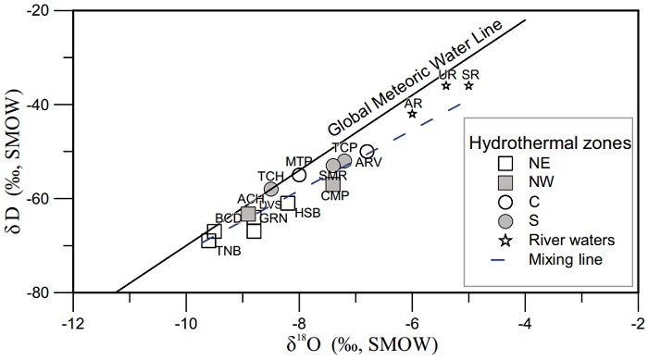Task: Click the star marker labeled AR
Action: point(412,114)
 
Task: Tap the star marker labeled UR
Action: point(446,85)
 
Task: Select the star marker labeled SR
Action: point(468,85)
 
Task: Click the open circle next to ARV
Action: point(368,152)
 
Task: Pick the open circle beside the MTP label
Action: point(299,175)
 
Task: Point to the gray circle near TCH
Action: point(271,189)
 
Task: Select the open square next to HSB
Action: point(288,203)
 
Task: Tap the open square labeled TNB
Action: point(209,241)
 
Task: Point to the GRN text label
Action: point(273,218)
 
